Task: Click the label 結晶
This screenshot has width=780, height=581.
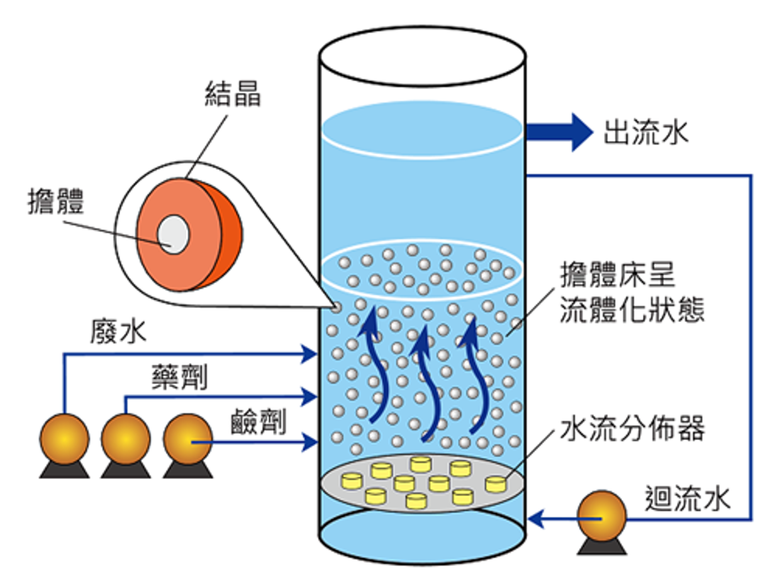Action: [x=233, y=94]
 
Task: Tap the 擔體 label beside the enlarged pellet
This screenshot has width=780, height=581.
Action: [x=56, y=201]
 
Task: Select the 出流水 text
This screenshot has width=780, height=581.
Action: [x=645, y=133]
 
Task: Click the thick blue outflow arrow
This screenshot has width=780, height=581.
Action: [x=559, y=132]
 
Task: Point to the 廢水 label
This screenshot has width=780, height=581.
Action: [x=118, y=331]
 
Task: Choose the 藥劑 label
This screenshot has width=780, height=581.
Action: [x=180, y=377]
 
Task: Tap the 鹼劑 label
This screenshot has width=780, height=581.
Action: [x=259, y=422]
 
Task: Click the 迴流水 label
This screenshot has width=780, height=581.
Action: [x=688, y=499]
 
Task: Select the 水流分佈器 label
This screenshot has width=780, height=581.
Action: [x=633, y=429]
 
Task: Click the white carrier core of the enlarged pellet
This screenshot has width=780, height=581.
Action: [x=173, y=235]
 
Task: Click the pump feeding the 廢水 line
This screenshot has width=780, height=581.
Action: [x=64, y=446]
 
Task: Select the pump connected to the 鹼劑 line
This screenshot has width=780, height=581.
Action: [x=188, y=446]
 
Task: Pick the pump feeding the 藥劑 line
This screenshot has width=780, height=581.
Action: [x=126, y=446]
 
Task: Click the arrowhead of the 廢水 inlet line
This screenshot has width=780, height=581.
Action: [x=309, y=353]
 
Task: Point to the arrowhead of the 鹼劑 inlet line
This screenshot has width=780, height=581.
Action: [x=309, y=442]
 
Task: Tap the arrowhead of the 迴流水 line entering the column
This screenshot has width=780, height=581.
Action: [x=535, y=519]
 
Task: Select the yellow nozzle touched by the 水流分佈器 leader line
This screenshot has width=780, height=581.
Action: [x=496, y=484]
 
